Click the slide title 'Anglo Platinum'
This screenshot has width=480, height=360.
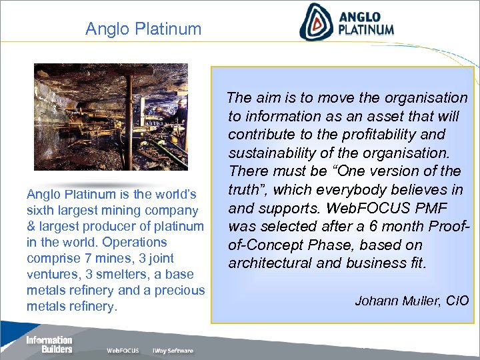[x=143, y=29]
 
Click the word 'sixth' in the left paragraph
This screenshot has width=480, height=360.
[x=40, y=211]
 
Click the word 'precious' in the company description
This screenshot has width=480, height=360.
[x=179, y=290]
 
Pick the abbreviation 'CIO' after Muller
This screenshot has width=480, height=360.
[x=457, y=301]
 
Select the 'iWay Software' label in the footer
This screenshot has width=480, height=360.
[x=173, y=351]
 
